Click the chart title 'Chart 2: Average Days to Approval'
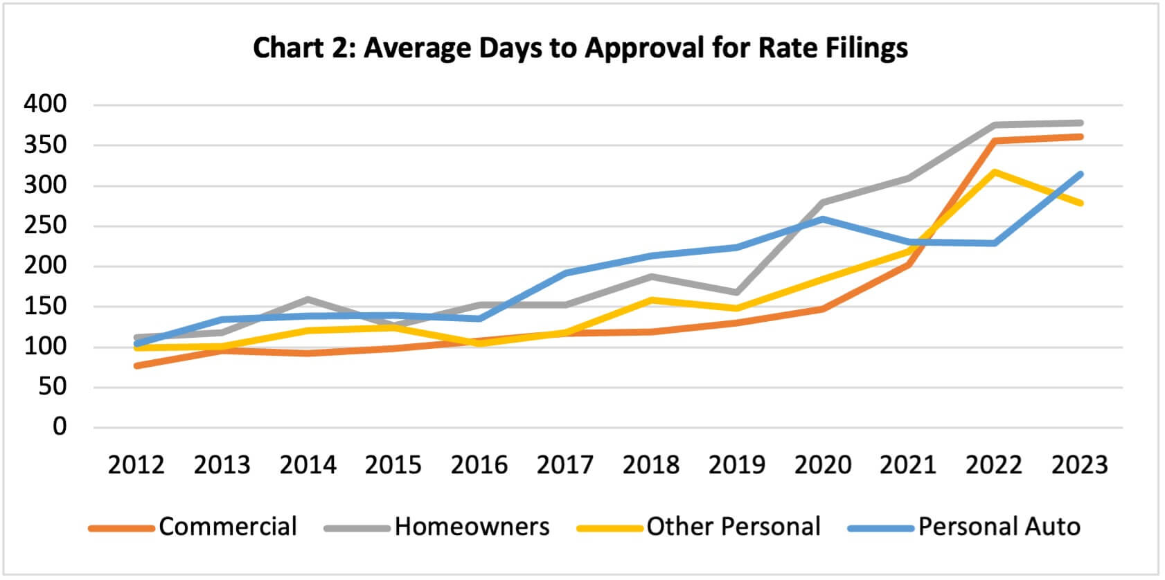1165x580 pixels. (580, 48)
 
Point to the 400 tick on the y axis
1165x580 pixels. (45, 105)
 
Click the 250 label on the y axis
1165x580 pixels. (45, 226)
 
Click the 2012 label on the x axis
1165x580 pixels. (136, 464)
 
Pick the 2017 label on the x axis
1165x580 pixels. (564, 464)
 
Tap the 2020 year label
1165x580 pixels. (822, 464)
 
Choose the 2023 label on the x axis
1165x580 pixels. (1079, 464)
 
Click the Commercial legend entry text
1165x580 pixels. (227, 527)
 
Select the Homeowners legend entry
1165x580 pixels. (472, 527)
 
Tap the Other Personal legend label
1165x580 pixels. (733, 527)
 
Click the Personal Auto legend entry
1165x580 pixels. (999, 527)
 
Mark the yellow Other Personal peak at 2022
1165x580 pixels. (995, 172)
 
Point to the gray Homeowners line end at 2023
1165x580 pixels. (1080, 123)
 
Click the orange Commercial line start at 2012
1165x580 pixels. (137, 365)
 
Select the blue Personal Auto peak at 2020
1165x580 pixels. (822, 219)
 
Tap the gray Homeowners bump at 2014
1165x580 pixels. (308, 300)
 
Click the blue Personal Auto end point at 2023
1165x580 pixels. (1080, 174)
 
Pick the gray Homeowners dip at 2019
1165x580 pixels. (736, 292)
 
